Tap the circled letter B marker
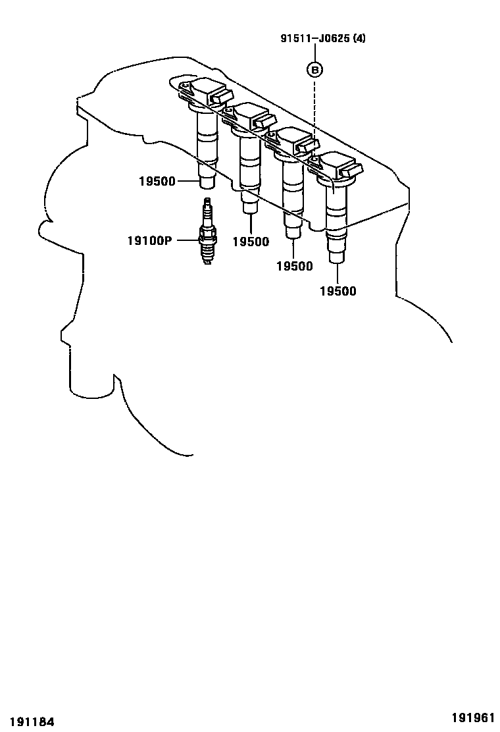315,68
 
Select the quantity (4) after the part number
359,38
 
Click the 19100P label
149,241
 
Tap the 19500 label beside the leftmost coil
157,181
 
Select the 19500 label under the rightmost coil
338,291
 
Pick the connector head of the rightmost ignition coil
337,168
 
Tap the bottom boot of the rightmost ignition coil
337,251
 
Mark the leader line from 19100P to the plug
186,241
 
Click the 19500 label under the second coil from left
251,242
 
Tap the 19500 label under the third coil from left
294,266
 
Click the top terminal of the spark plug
208,201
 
